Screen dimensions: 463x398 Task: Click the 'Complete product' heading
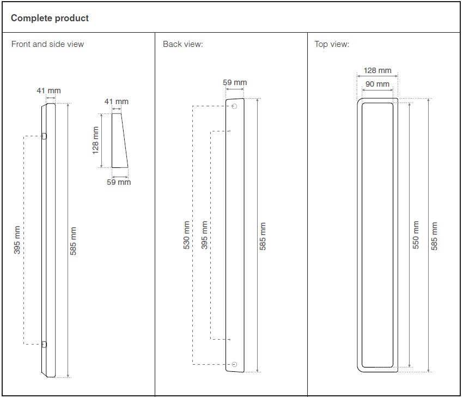50,18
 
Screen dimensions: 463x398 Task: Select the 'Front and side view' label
47,44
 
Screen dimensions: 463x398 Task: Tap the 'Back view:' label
183,44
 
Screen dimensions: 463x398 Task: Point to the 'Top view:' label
332,44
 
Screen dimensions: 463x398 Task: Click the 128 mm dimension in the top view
377,70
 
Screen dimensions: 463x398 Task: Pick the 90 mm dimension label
377,84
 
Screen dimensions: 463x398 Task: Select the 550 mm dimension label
416,235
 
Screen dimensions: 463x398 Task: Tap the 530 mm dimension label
186,235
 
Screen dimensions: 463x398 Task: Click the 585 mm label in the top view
434,236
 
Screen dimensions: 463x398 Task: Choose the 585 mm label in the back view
263,236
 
